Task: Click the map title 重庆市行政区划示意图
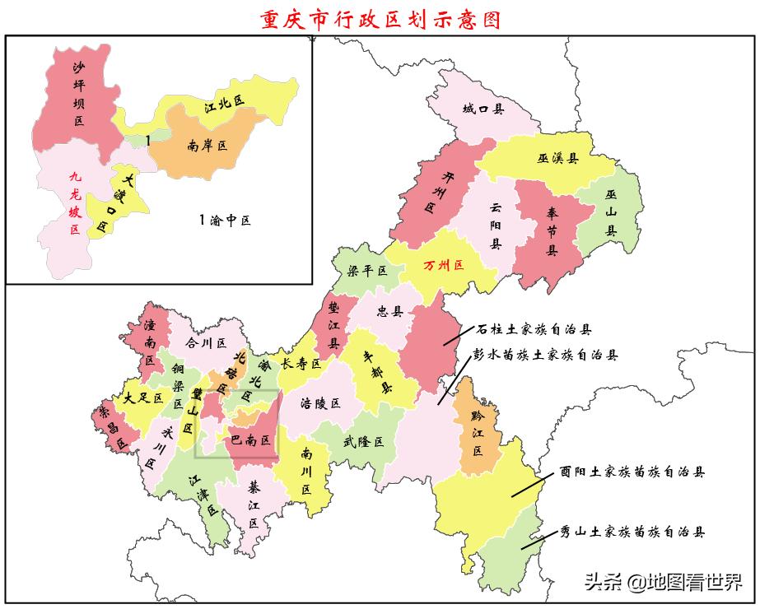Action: (x=380, y=18)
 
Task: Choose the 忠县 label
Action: (x=389, y=312)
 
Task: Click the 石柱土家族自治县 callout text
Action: (x=533, y=329)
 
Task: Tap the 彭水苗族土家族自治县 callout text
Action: (x=544, y=356)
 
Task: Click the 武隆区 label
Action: (x=363, y=441)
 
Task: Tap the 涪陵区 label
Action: (x=321, y=403)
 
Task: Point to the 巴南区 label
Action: (x=251, y=440)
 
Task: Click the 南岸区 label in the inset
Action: (x=207, y=146)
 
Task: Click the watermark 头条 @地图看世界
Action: (x=662, y=583)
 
